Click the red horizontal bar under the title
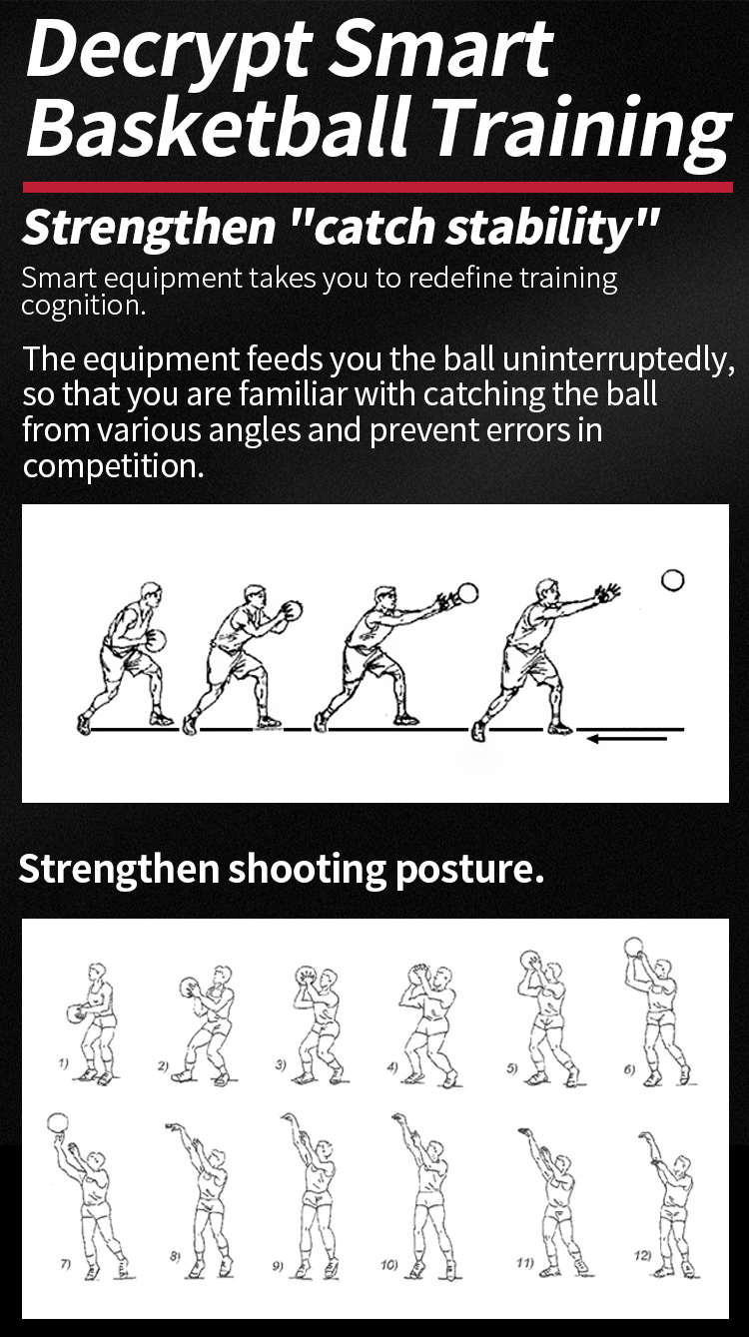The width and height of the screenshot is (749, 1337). (377, 188)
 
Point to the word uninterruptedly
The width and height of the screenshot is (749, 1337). (619, 359)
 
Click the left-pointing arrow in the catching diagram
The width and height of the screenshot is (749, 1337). (626, 739)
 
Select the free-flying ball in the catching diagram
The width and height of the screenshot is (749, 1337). (673, 580)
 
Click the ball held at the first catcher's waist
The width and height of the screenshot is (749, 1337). (155, 641)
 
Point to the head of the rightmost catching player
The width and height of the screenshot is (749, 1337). (547, 592)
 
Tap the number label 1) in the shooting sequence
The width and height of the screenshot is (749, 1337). (63, 1063)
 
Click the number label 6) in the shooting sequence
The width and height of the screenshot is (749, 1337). (629, 1069)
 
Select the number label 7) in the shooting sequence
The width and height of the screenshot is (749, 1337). (66, 1262)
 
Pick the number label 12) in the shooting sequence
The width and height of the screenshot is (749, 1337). (642, 1256)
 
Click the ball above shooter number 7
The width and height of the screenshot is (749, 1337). (57, 1123)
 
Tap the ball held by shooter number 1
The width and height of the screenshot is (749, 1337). (76, 1014)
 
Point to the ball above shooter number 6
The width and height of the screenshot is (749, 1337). (634, 948)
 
